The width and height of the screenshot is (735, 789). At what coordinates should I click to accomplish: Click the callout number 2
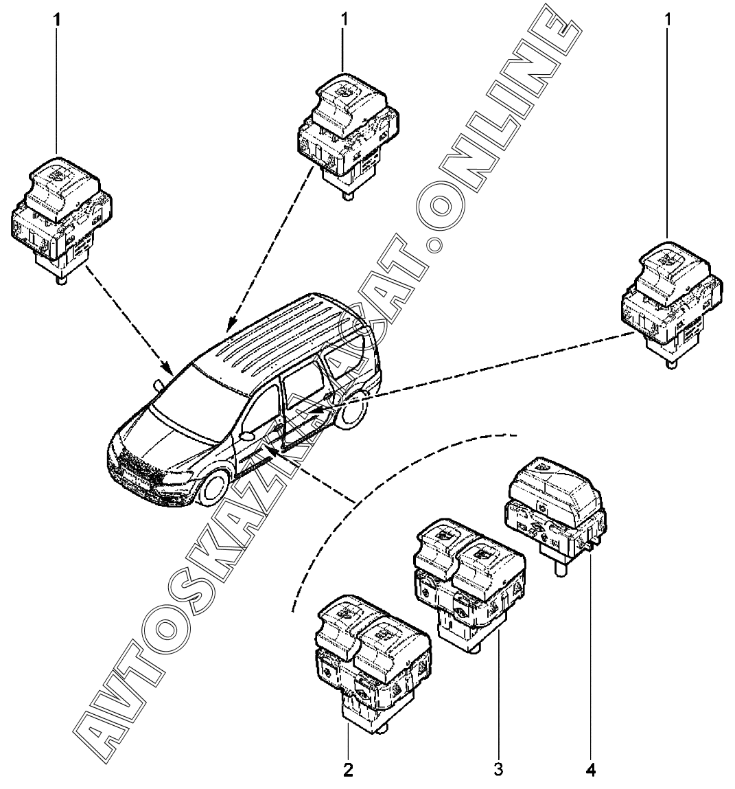349,770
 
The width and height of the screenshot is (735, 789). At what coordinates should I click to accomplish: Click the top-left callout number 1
58,19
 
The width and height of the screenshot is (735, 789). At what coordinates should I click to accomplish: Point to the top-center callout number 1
345,19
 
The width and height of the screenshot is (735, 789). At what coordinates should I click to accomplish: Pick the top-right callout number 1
667,19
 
